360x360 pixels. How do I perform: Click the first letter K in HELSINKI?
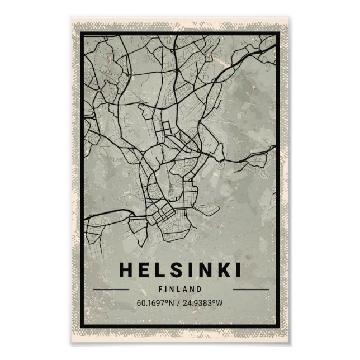(x=222, y=270)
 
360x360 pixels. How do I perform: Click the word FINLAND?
(x=179, y=290)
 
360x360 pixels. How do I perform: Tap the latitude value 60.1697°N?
(x=156, y=304)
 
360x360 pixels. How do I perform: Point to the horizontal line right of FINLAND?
(x=250, y=290)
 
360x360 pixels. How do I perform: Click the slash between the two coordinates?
(x=180, y=304)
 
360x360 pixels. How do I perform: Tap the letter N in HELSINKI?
(x=203, y=270)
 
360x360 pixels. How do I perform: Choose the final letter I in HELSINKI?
(x=238, y=270)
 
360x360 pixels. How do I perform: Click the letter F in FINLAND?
(x=161, y=290)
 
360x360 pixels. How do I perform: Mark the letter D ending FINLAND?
(x=199, y=290)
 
